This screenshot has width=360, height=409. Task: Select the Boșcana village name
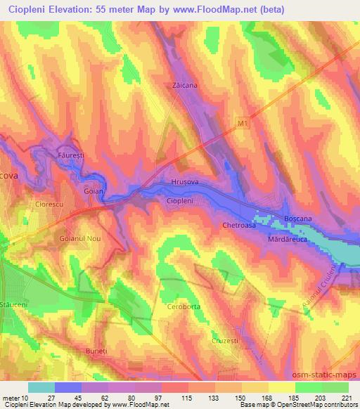click(298, 219)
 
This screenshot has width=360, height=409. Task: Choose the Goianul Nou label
click(79, 239)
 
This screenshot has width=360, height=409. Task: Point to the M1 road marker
click(243, 124)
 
